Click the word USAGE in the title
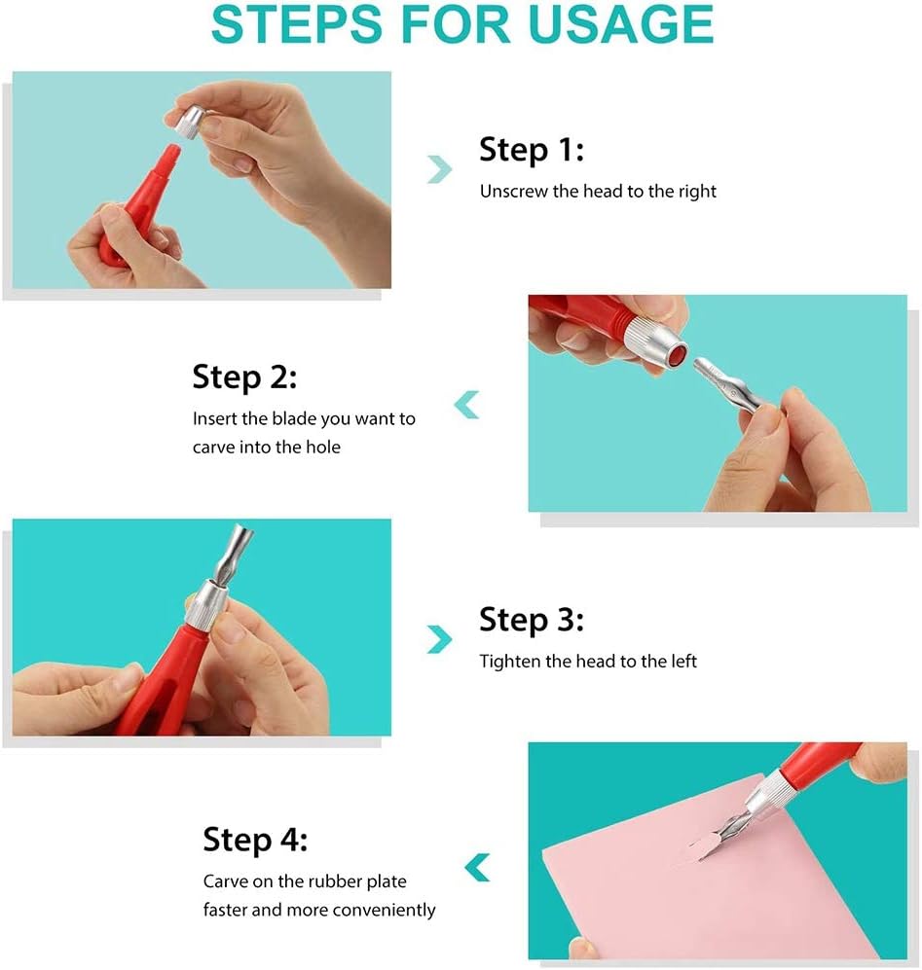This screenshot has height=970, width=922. pos(620,24)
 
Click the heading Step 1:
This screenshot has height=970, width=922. pos(532,151)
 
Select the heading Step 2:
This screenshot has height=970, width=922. pos(244,377)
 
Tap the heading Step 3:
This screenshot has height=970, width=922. pos(532,620)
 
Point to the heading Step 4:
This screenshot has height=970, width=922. pos(255,840)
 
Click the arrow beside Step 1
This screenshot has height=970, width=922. pos(440,169)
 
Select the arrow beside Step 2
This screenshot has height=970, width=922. pos(466,405)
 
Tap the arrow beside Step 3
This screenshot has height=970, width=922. pos(440,639)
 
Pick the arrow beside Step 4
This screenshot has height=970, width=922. pos(477,867)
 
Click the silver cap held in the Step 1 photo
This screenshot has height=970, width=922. pos(188,122)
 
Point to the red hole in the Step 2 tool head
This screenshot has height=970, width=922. pos(678,355)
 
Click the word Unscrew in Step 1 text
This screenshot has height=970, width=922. pos(513,191)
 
